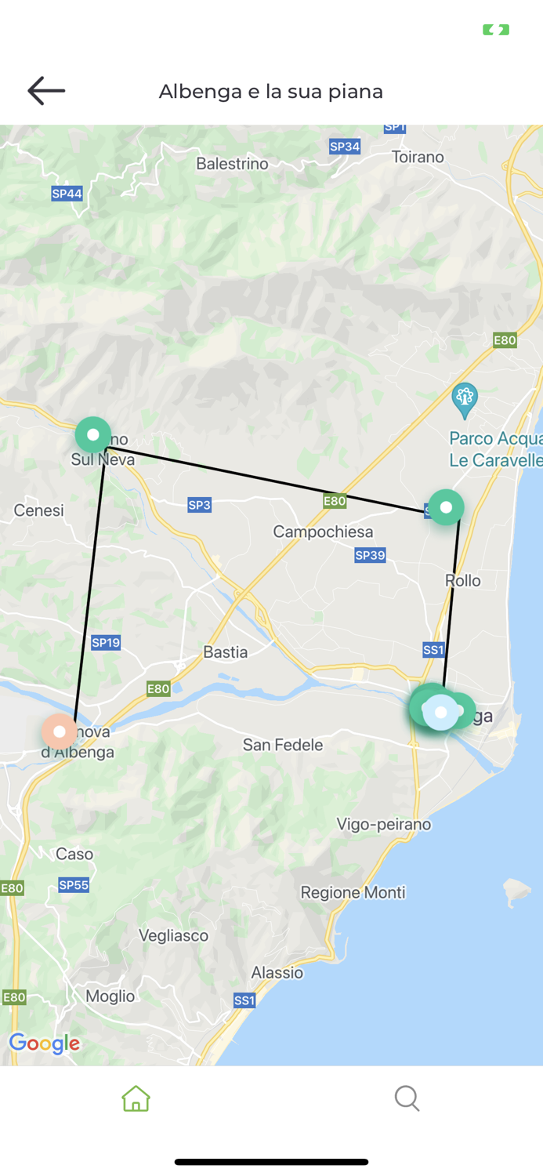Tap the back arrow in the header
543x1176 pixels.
pos(46,91)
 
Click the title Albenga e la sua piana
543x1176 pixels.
pos(271,92)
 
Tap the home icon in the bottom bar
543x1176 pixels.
pos(136,1098)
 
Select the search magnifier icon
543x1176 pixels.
pos(407,1098)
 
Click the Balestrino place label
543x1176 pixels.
pos(232,164)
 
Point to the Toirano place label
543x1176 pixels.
pos(418,157)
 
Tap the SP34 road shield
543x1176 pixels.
pos(345,147)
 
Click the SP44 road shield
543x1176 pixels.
pos(67,194)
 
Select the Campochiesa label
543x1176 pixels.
pos(323,532)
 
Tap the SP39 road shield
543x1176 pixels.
pos(370,556)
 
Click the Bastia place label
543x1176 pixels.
pos(225,652)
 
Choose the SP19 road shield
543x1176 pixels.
pos(106,643)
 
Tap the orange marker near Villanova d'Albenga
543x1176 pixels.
pos(60,731)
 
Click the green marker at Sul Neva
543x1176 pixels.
pos(93,434)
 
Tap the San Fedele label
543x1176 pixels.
pos(282,745)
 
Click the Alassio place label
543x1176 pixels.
pos(277,973)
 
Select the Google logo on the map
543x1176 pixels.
pos(45,1044)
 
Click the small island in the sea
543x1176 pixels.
pos(516,891)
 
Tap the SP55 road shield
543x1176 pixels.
pos(74,885)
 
